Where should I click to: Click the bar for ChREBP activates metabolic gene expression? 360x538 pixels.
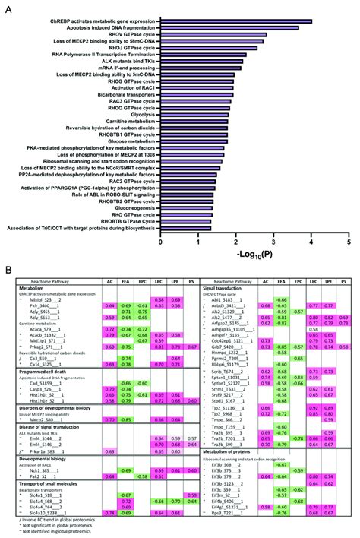(x=236, y=21)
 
